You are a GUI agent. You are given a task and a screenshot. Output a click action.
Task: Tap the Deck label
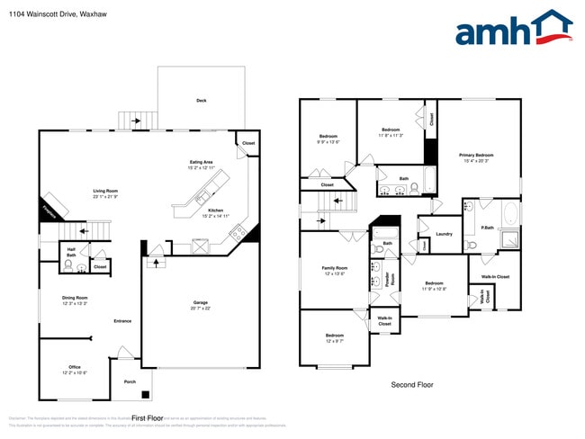[202, 101]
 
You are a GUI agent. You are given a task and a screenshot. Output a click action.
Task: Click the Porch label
[130, 381]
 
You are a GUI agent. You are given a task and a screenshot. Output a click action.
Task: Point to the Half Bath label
[70, 255]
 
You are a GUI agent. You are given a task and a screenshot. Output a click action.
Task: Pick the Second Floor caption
[411, 384]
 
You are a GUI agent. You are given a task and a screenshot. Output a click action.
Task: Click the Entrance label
[122, 321]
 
